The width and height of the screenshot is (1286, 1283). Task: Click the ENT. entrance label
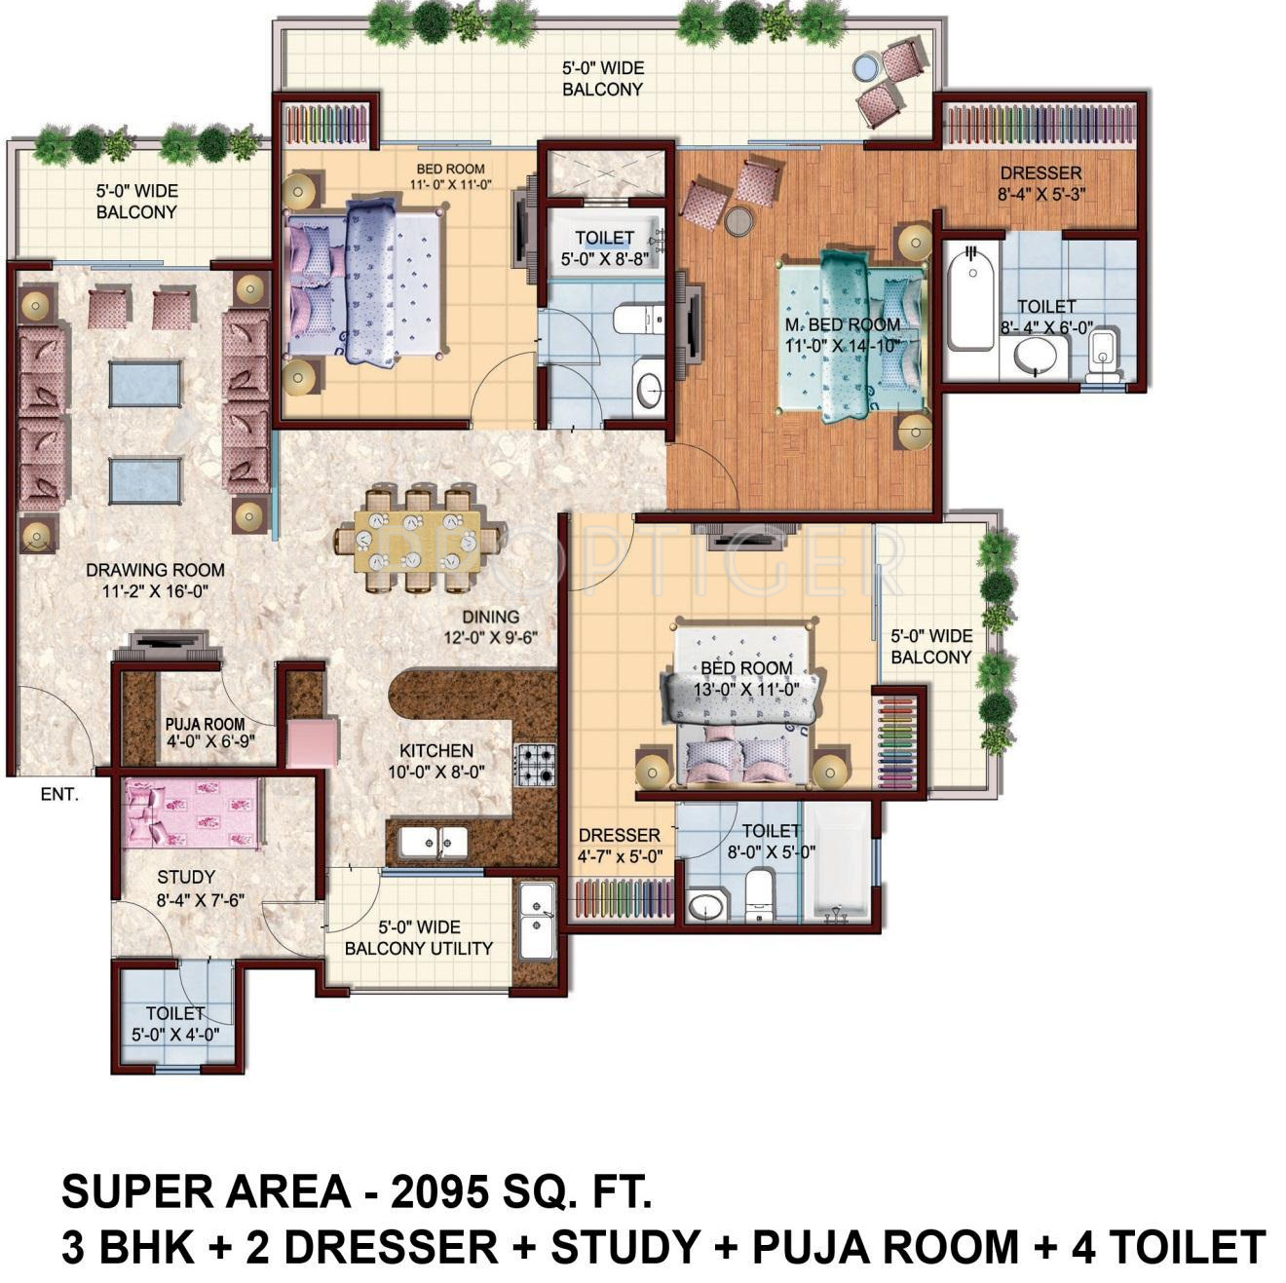tap(59, 794)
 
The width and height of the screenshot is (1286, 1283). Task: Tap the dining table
tap(418, 540)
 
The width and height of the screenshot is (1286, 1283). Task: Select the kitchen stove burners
tap(535, 765)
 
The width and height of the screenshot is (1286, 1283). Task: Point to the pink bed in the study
tap(192, 813)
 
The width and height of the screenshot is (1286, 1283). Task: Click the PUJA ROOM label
tap(205, 724)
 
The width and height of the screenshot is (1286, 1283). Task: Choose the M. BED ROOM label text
tap(842, 325)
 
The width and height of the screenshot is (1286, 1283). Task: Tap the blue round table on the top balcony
tap(865, 67)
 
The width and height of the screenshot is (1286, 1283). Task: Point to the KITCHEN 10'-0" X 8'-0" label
tap(436, 761)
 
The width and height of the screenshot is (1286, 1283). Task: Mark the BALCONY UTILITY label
tap(418, 949)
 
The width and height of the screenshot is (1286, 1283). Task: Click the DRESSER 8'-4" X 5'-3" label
tap(1041, 183)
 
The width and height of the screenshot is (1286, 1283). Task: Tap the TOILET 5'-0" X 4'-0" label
tap(175, 1024)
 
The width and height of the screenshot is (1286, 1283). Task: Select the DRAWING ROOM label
tap(156, 570)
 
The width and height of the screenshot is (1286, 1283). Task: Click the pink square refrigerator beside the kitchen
tap(313, 743)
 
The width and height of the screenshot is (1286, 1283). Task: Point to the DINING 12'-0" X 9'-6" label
tap(491, 627)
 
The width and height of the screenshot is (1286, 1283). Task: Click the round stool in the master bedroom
tap(738, 221)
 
